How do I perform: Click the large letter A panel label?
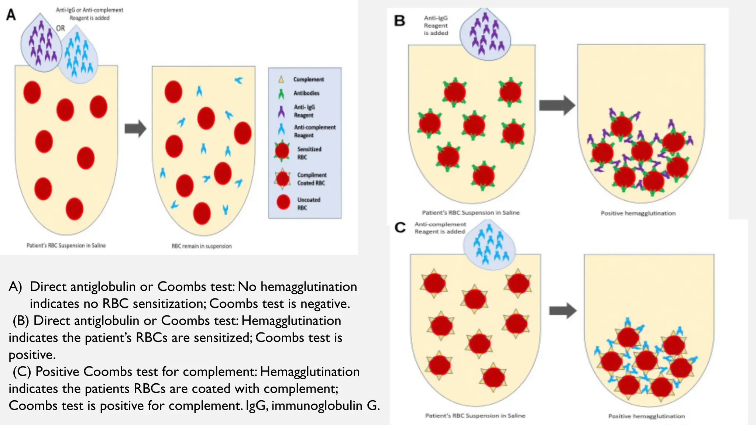[x=11, y=15]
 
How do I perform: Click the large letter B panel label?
[x=400, y=21]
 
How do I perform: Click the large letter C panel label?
[x=400, y=227]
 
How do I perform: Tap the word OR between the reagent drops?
[x=61, y=28]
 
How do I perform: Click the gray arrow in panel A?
[x=135, y=128]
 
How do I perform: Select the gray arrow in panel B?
[x=557, y=106]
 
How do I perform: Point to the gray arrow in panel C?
[x=563, y=311]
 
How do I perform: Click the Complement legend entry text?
[x=309, y=79]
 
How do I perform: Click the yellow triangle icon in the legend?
[x=281, y=79]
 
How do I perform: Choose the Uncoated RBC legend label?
[x=309, y=204]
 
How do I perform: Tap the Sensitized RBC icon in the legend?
[x=282, y=151]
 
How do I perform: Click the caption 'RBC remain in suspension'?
[x=202, y=246]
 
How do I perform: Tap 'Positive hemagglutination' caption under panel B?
[x=638, y=213]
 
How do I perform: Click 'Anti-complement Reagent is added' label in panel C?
[x=440, y=228]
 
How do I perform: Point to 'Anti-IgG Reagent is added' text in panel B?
[x=436, y=25]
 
